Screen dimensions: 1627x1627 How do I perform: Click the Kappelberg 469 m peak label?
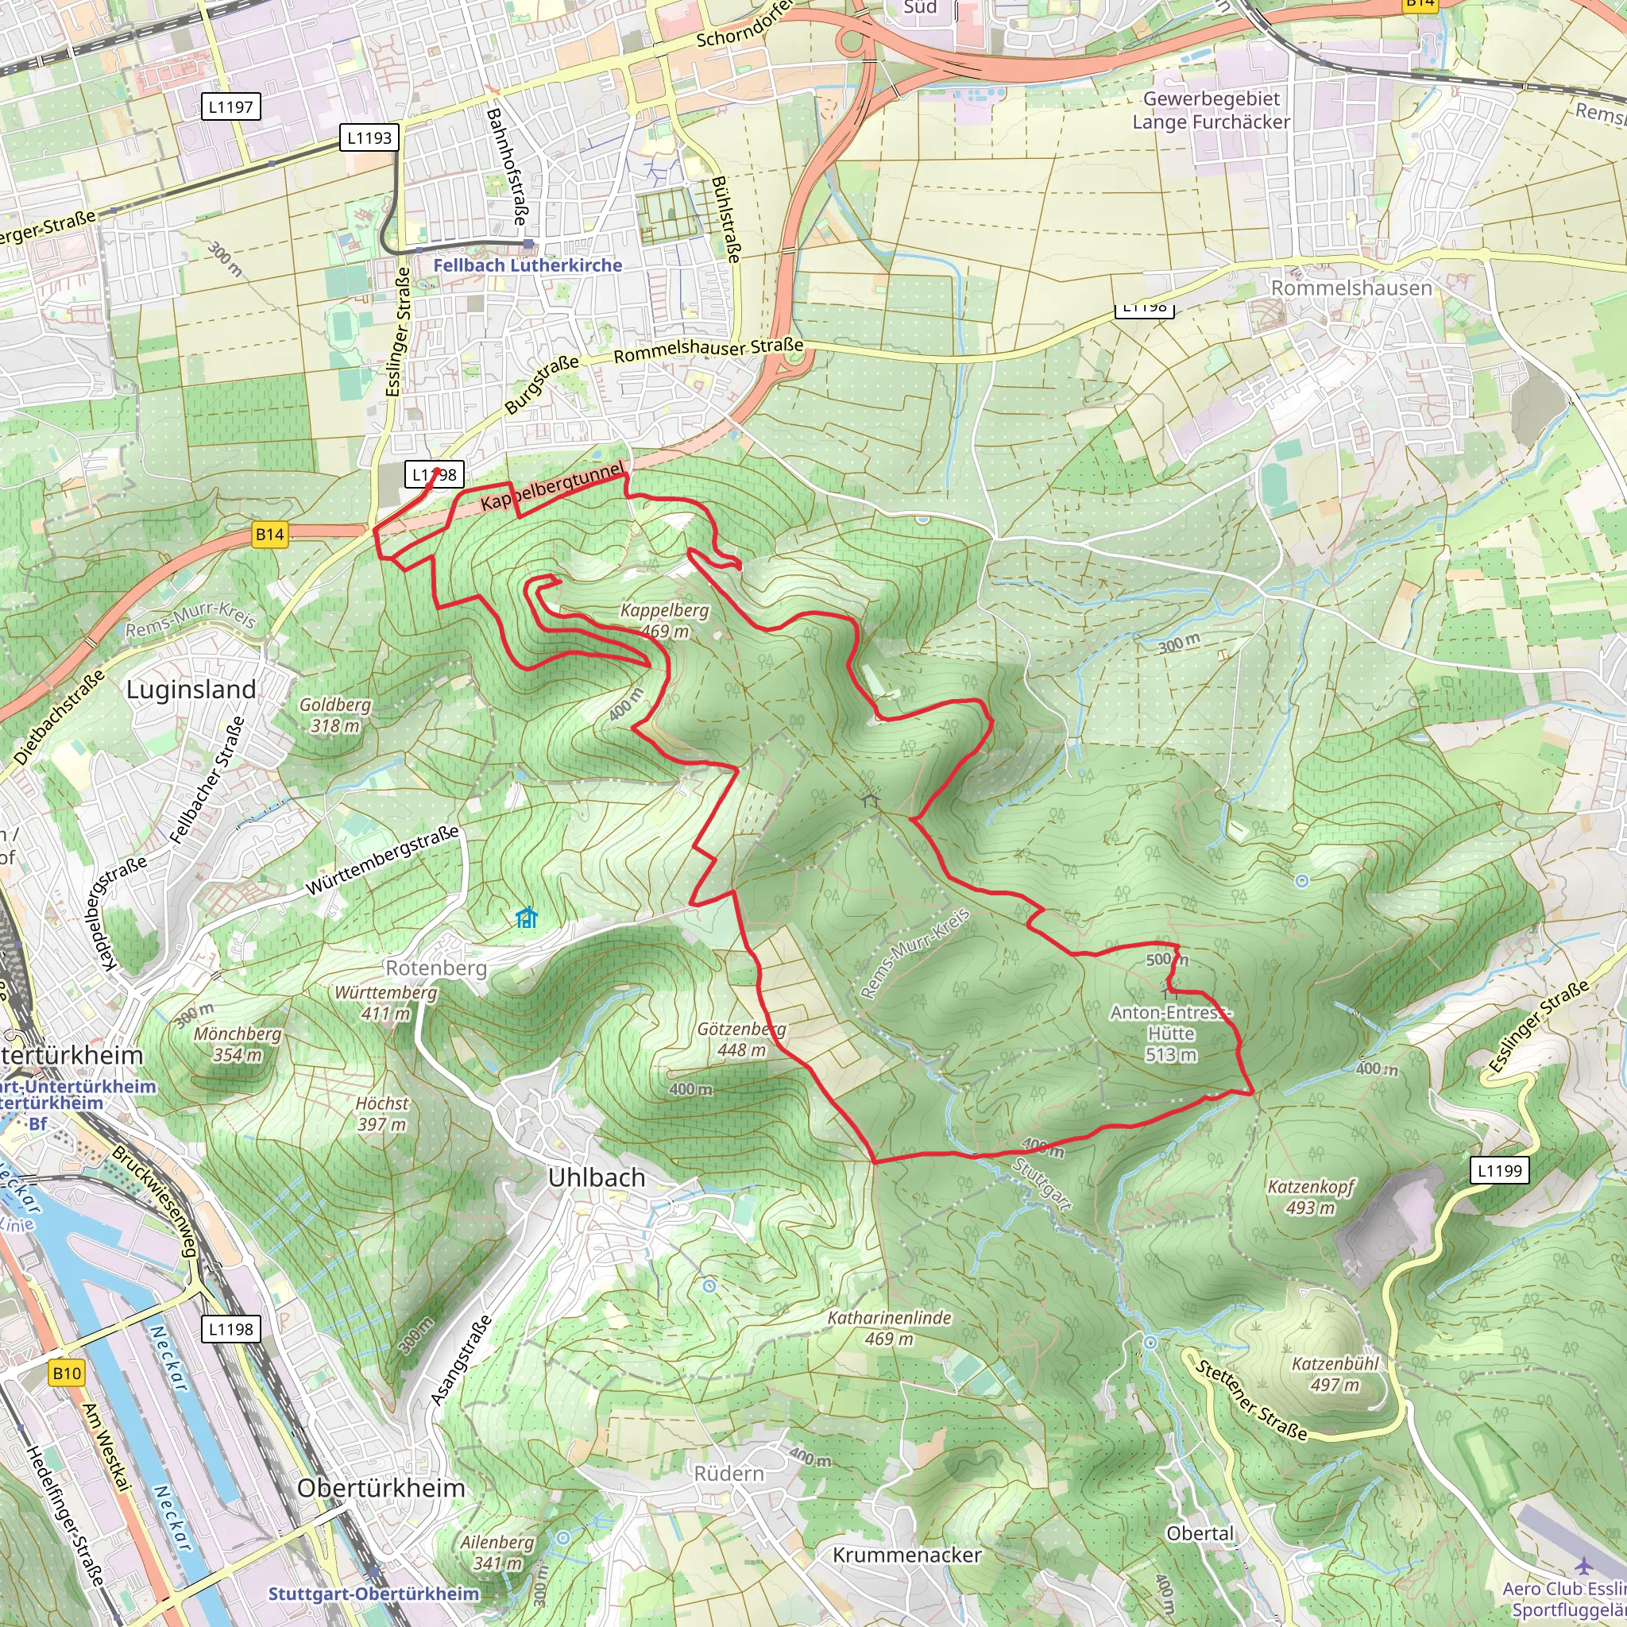tap(664, 620)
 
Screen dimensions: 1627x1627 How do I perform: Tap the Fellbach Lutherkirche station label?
tap(528, 265)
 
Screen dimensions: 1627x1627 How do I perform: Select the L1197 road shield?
tap(230, 107)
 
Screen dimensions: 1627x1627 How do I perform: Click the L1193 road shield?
tap(369, 137)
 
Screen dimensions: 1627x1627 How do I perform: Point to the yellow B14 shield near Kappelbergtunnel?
tap(269, 534)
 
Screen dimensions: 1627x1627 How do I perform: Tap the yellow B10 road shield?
tap(67, 1374)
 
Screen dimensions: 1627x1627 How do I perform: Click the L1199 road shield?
tap(1500, 1169)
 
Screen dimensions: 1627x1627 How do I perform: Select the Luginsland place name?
tap(191, 690)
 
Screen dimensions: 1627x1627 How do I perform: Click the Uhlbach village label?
tap(597, 1177)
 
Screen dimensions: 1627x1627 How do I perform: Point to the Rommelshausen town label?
tap(1351, 288)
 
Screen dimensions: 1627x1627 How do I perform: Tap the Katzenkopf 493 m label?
tap(1310, 1197)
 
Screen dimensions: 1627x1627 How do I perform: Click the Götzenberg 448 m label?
tap(741, 1039)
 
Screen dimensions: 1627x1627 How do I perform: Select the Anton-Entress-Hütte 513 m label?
tap(1170, 1034)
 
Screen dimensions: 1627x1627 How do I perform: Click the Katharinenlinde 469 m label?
tap(889, 1328)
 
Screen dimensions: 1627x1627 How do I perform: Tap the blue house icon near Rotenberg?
tap(527, 917)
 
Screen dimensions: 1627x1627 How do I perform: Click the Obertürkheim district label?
tap(381, 1488)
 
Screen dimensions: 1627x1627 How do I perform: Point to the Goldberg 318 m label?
tap(334, 715)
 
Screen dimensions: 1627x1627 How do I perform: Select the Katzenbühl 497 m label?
tap(1335, 1374)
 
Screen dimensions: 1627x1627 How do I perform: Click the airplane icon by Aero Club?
tap(1584, 1565)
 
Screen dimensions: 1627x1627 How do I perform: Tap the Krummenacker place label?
tap(907, 1555)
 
